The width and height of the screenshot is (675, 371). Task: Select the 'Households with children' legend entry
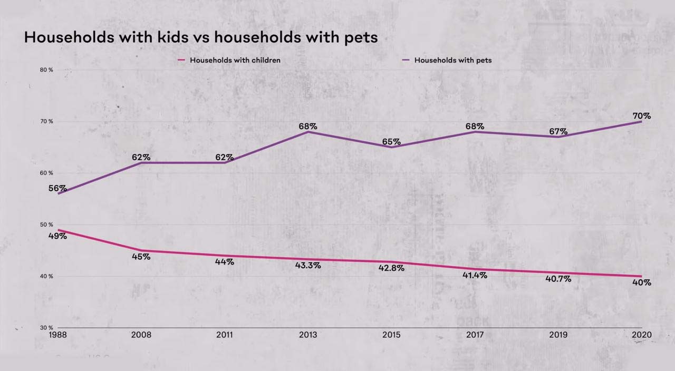(235, 60)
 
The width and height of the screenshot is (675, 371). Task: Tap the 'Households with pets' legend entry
(452, 60)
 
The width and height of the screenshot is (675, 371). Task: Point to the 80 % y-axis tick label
(46, 70)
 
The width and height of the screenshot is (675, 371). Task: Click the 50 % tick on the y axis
(46, 224)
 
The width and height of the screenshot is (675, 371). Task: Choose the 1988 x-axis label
(58, 335)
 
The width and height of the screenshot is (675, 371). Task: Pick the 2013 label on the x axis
(307, 335)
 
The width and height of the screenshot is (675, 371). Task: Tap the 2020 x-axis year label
(641, 335)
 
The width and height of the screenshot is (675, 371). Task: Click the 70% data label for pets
(641, 116)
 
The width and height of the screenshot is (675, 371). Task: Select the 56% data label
(57, 188)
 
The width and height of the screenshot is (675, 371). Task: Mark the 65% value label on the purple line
(391, 142)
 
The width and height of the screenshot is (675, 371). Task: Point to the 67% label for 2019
(558, 131)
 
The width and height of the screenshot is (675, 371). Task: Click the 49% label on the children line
(57, 236)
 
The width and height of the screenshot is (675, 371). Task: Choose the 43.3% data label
(307, 266)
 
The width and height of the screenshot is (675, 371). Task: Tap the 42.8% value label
(391, 268)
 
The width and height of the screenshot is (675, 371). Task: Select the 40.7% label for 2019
(558, 279)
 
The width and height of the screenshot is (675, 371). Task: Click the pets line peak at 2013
(308, 132)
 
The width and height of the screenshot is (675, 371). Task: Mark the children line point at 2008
(141, 250)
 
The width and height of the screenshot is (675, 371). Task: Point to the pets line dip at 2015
(391, 147)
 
